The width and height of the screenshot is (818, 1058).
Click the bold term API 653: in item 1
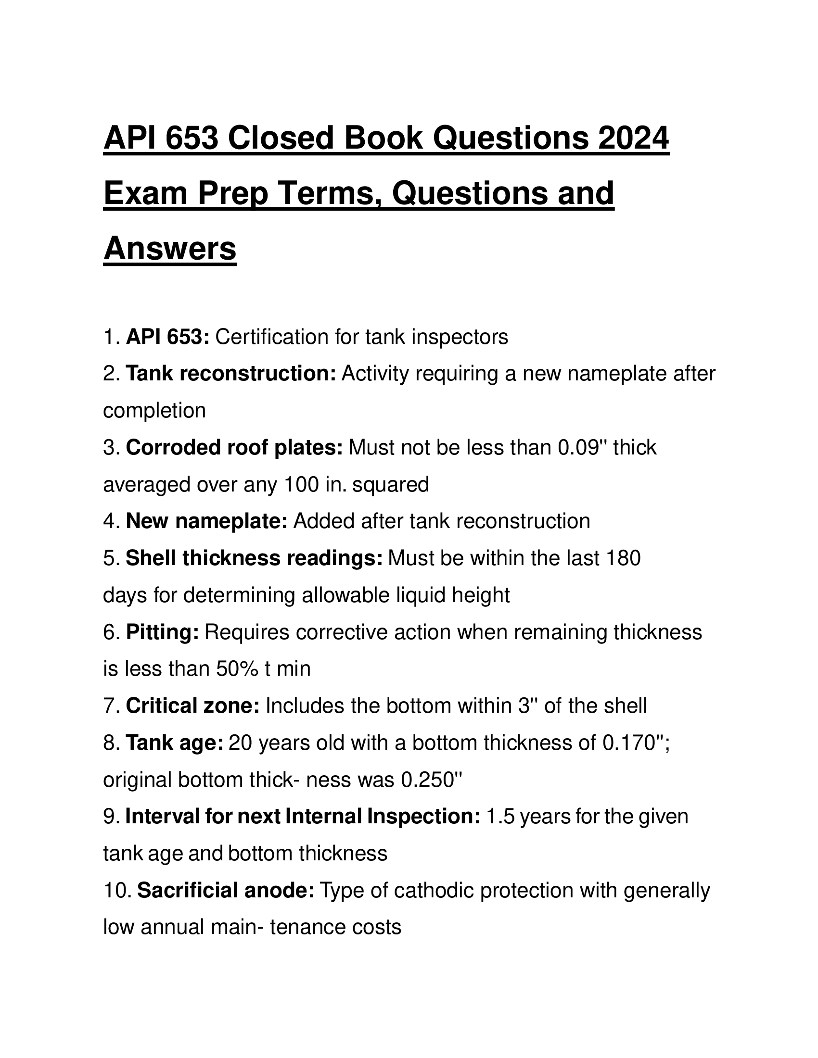(167, 337)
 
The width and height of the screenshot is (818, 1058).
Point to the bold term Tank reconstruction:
(230, 374)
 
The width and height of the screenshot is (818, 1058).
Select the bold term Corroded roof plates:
(234, 447)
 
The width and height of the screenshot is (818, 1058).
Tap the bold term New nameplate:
(207, 521)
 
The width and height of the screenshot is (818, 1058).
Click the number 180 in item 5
(623, 558)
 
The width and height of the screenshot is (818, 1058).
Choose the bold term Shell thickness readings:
(255, 558)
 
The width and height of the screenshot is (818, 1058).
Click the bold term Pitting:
(162, 632)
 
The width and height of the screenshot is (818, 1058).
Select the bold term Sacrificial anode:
(226, 890)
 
